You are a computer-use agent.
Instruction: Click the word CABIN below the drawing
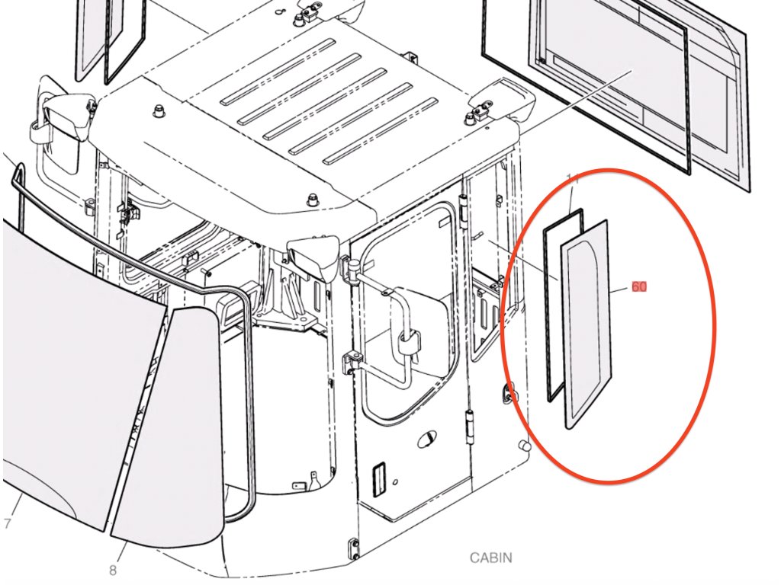click(x=490, y=558)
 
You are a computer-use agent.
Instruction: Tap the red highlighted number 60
click(x=639, y=287)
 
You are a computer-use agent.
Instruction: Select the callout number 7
click(x=7, y=523)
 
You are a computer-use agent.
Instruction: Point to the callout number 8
click(x=112, y=569)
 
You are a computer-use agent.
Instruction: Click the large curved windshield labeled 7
click(x=69, y=381)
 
